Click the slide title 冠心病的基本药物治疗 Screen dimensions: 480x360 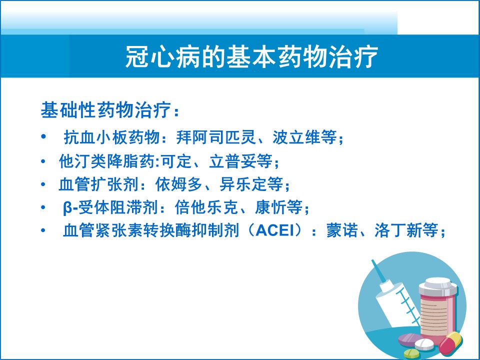pyautogui.click(x=251, y=57)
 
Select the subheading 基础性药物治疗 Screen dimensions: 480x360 pyautogui.click(x=106, y=109)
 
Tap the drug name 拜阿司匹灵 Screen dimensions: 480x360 pyautogui.click(x=216, y=137)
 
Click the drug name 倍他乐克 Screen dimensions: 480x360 pyautogui.click(x=206, y=207)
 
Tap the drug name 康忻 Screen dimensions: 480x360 pyautogui.click(x=271, y=207)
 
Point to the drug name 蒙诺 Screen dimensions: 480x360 pyautogui.click(x=342, y=230)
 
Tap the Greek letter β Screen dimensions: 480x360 pyautogui.click(x=67, y=208)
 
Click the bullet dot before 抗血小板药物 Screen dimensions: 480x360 pyautogui.click(x=43, y=136)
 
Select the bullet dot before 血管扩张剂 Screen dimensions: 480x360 pyautogui.click(x=43, y=184)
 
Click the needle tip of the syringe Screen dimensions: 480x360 pyautogui.click(x=372, y=261)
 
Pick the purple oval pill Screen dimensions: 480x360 pyautogui.click(x=410, y=340)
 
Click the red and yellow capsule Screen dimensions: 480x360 pyautogui.click(x=450, y=343)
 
